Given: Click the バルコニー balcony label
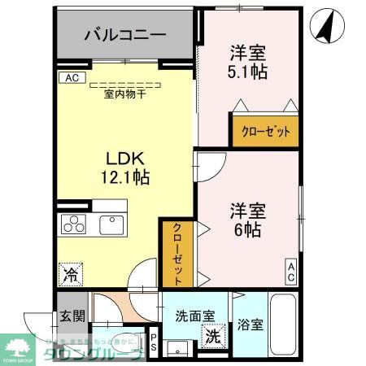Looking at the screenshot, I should tap(125, 35).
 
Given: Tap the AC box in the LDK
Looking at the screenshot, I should tap(71, 78).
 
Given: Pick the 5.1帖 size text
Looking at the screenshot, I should tap(248, 71).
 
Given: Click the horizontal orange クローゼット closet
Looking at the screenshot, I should tap(265, 131).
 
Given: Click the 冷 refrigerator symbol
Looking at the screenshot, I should tap(71, 274).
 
